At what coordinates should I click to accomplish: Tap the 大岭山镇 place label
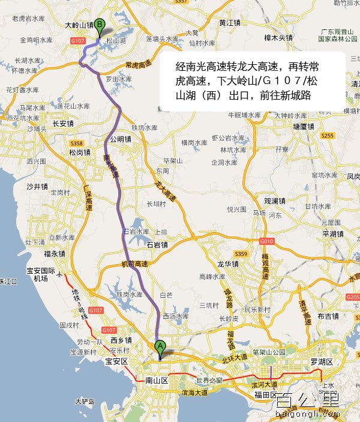coord(79,25)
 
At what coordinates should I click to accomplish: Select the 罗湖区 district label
coord(321,362)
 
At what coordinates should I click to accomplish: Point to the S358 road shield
coord(76,143)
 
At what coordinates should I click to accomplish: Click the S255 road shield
coord(327,136)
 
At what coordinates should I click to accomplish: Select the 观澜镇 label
coord(275,200)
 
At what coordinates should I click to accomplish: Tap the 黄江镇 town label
coord(230,22)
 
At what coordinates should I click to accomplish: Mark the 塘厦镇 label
coord(303,126)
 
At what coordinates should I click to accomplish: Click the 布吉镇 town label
coord(329,316)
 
